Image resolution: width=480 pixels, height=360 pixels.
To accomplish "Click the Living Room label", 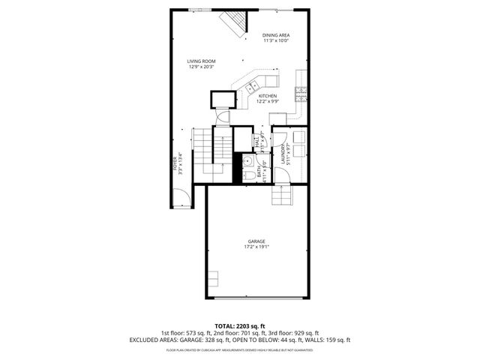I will tap(202, 61).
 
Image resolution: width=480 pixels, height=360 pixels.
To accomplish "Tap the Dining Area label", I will tap(276, 35).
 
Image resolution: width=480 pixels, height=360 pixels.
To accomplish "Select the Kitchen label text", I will tap(268, 96).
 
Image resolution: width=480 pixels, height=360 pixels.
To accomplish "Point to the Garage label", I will tap(256, 241).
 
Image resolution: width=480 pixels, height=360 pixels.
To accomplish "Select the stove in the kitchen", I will tap(301, 93).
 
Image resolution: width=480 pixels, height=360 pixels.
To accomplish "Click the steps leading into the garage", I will tap(281, 195).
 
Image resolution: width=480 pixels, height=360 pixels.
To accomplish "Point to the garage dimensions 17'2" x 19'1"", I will tap(256, 247).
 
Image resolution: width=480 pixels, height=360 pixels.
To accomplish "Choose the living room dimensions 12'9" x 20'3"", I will tap(202, 67).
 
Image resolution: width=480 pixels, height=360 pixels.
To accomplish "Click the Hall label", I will tap(256, 140).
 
